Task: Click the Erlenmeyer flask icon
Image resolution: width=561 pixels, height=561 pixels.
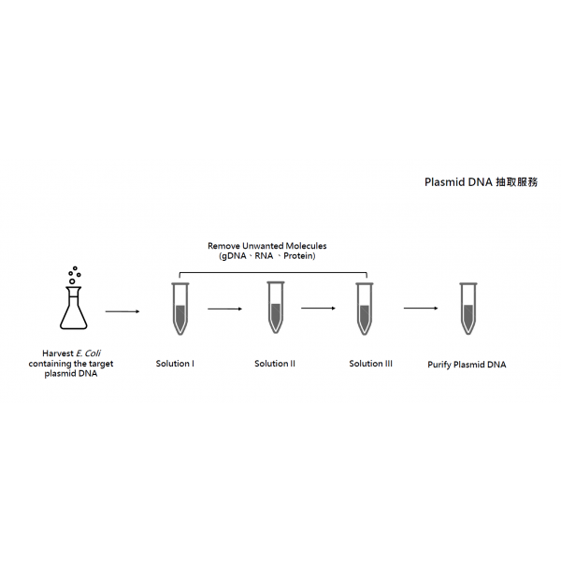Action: click(73, 308)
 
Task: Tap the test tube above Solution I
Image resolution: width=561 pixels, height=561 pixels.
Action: click(180, 309)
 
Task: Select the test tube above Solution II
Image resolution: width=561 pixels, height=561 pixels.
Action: click(276, 308)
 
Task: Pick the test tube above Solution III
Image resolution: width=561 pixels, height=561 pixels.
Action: click(365, 309)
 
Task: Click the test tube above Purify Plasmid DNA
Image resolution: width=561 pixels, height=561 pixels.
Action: click(468, 309)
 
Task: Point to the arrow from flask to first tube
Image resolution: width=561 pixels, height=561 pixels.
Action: click(122, 311)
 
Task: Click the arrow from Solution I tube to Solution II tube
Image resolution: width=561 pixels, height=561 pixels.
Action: click(225, 309)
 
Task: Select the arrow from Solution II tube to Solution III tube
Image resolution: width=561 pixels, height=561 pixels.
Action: click(319, 308)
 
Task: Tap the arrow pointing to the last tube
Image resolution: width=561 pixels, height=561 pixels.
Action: click(421, 308)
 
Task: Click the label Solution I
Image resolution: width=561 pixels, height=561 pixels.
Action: click(175, 364)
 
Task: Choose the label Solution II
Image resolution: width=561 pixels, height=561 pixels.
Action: click(275, 364)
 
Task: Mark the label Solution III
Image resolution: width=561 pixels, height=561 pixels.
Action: click(370, 364)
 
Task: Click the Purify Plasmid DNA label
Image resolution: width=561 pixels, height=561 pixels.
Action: click(467, 365)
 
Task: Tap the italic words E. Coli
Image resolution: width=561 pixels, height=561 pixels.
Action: click(89, 353)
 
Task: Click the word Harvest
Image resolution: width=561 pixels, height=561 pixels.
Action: click(58, 353)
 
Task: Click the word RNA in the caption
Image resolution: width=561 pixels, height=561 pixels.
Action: click(264, 256)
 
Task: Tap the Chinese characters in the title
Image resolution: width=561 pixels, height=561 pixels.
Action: click(517, 182)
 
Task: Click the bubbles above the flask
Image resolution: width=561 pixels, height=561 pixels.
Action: click(75, 275)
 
